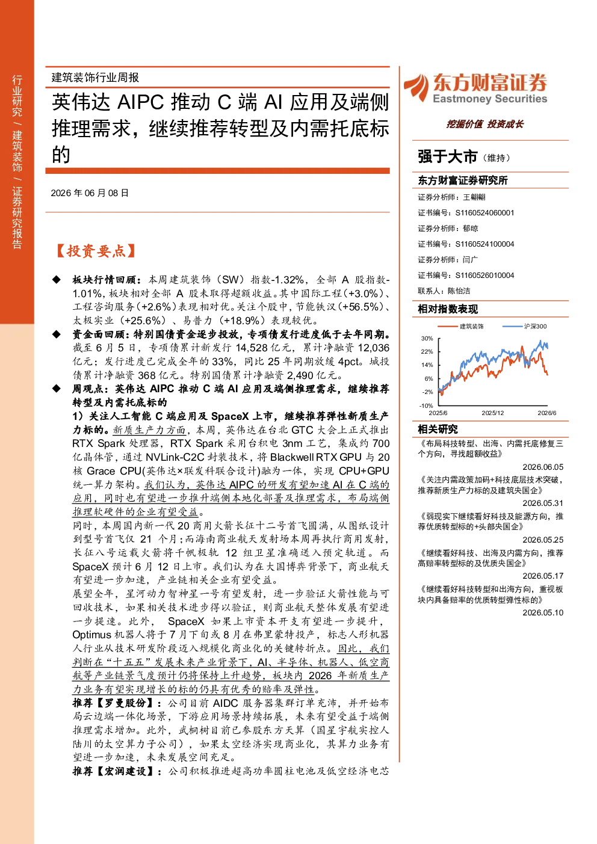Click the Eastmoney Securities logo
pos(475,88)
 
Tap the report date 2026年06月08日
pos(90,193)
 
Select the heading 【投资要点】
pos(96,251)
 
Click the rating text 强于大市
pos(447,156)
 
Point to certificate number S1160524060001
pos(484,213)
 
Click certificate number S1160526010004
pos(484,276)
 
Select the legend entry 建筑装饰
pos(471,326)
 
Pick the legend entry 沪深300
pos(535,326)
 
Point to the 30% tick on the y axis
pos(427,338)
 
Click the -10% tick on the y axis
pos(426,406)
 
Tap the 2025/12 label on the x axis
pos(493,413)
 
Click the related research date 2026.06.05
pos(543,467)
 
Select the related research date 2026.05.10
pos(543,612)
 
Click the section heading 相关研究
pos(438,429)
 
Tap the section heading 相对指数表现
pos(448,309)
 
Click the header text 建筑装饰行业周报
pos(95,78)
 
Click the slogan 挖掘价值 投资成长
pos(484,124)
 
